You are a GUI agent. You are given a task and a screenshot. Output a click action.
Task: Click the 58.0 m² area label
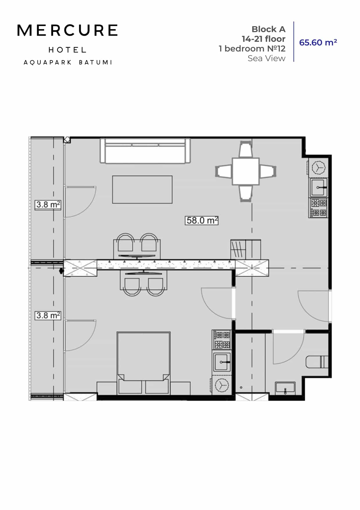(x=201, y=220)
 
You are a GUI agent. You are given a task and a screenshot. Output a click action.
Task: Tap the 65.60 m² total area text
(x=318, y=42)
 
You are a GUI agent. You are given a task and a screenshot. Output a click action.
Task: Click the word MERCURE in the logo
(x=67, y=31)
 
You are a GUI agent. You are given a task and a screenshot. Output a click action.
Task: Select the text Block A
(x=268, y=29)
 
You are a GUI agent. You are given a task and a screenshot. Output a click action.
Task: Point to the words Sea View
(x=266, y=58)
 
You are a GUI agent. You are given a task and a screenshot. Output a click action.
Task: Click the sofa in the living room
(x=145, y=151)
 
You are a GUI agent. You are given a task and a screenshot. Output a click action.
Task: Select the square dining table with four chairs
(x=246, y=171)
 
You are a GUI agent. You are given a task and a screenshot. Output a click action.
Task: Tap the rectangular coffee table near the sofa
(x=142, y=189)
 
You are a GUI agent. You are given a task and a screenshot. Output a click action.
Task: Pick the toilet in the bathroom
(x=317, y=362)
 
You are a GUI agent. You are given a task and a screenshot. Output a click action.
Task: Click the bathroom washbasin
(x=285, y=388)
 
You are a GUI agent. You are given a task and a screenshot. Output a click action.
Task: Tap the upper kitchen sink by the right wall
(x=318, y=187)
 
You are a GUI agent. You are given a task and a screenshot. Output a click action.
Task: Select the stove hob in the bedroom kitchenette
(x=222, y=339)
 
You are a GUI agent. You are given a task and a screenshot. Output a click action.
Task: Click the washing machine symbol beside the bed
(x=222, y=385)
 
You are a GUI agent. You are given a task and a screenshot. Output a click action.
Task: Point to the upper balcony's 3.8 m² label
(x=48, y=205)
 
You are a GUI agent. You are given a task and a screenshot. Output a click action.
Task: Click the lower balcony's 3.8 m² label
(x=48, y=315)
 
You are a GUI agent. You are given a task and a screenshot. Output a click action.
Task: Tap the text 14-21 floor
(x=263, y=39)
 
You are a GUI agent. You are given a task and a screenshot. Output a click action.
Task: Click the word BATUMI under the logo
(x=96, y=62)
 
